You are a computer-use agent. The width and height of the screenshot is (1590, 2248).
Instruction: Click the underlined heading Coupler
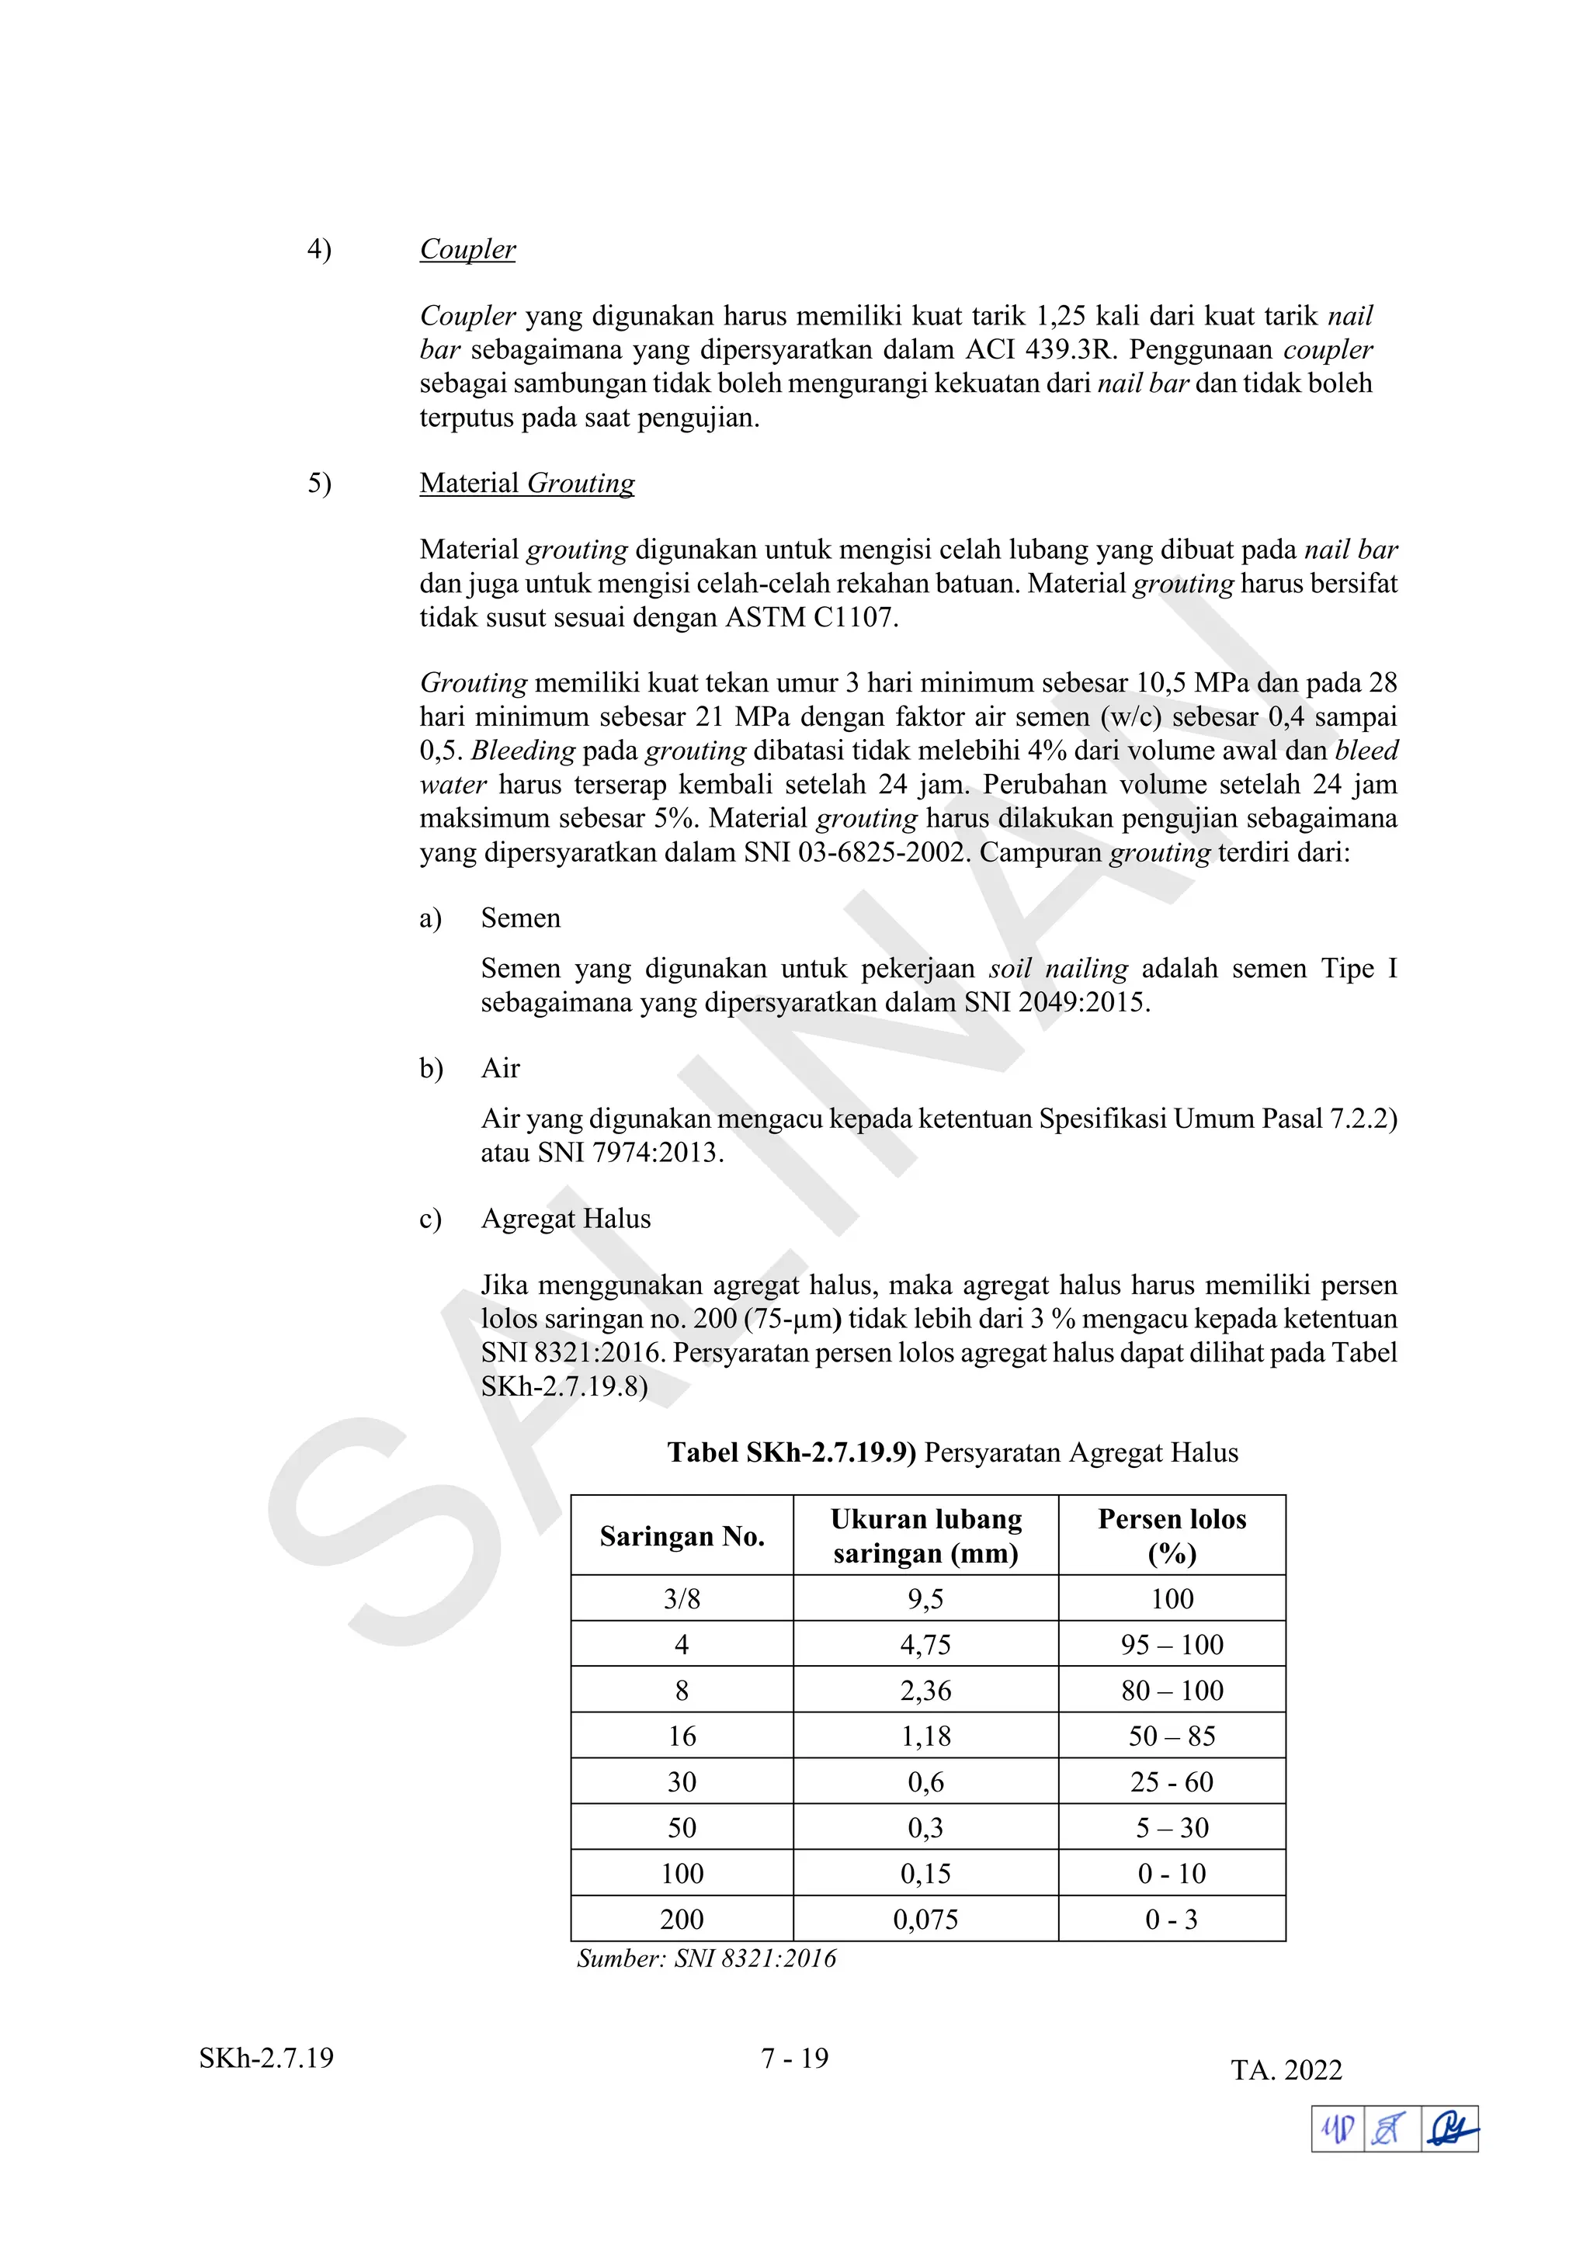pyautogui.click(x=467, y=250)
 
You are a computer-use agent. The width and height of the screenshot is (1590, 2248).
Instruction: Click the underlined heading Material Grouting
pyautogui.click(x=526, y=484)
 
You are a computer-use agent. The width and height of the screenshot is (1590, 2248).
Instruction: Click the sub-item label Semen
pyautogui.click(x=520, y=918)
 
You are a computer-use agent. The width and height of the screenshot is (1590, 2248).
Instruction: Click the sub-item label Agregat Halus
pyautogui.click(x=565, y=1219)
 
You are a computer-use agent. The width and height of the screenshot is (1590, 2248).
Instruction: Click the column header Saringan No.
pyautogui.click(x=682, y=1537)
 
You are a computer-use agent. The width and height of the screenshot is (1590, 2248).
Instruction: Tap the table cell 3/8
pyautogui.click(x=682, y=1600)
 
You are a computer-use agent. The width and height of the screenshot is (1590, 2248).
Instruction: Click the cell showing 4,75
pyautogui.click(x=925, y=1645)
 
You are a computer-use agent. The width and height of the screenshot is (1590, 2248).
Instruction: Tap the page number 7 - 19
pyautogui.click(x=794, y=2059)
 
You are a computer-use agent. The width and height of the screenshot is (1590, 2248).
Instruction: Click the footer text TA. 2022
pyautogui.click(x=1286, y=2071)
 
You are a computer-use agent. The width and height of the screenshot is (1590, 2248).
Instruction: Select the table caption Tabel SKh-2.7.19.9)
pyautogui.click(x=791, y=1453)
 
